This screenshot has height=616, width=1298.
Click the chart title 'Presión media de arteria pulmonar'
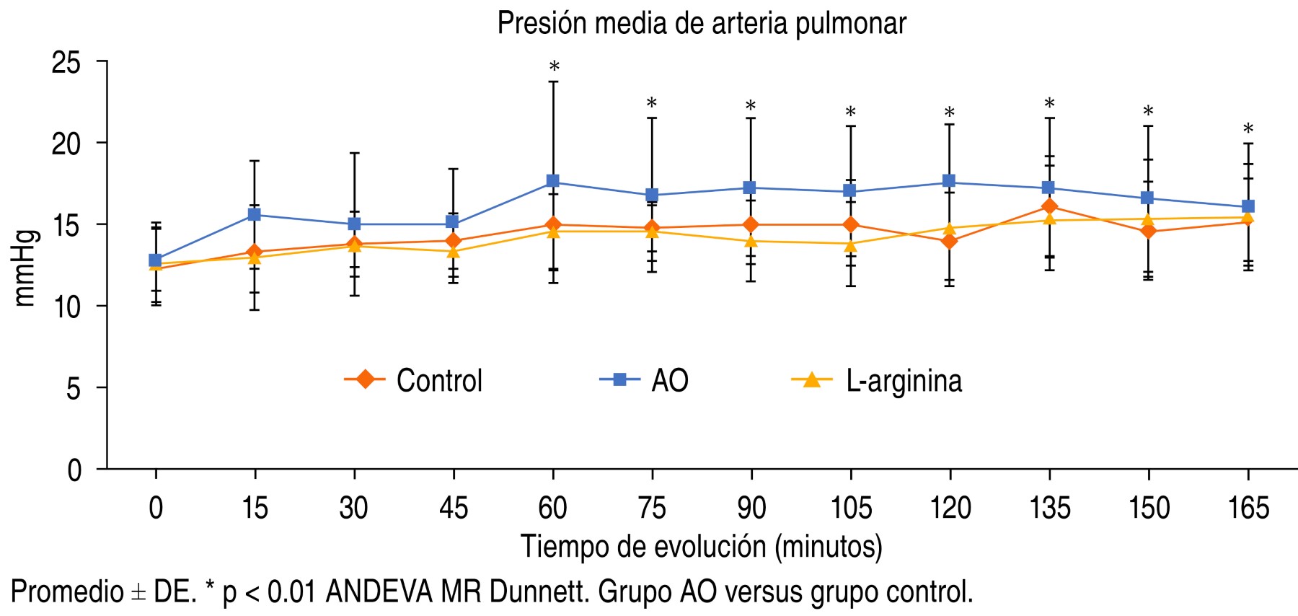(x=701, y=24)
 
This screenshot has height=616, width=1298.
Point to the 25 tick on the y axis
(x=66, y=63)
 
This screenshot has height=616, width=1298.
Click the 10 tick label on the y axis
(x=66, y=307)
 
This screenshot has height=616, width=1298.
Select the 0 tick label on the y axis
(x=74, y=470)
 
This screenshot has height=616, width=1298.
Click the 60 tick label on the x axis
(x=552, y=509)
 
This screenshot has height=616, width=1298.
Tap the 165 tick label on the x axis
(x=1248, y=509)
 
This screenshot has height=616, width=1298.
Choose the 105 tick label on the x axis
(x=851, y=509)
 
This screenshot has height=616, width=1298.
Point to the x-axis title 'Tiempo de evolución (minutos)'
(x=701, y=547)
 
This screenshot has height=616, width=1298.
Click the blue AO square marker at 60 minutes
(x=553, y=181)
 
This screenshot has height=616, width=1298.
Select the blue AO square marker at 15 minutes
(x=255, y=214)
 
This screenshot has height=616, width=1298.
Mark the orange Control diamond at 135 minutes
(x=1049, y=207)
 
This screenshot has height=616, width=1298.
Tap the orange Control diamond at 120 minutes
(x=950, y=241)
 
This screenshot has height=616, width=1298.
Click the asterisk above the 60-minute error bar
(x=554, y=67)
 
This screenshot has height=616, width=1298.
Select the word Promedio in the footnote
(x=67, y=592)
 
